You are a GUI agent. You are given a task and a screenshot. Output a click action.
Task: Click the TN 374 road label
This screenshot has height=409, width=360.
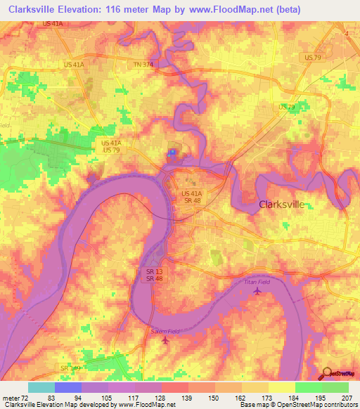click(x=143, y=65)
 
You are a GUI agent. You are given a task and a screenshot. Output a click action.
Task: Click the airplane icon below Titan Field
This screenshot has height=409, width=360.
click(x=257, y=290)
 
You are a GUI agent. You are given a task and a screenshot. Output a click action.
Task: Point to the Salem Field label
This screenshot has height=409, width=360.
click(x=165, y=331)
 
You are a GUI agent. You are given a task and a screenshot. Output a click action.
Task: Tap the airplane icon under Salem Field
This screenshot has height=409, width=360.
click(x=166, y=341)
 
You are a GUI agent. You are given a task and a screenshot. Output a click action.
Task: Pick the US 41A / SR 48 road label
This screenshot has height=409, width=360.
click(x=191, y=196)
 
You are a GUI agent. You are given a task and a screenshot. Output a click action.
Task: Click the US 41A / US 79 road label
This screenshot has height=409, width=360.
click(x=111, y=146)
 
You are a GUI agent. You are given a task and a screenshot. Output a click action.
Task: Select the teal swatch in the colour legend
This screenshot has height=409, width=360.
click(x=41, y=387)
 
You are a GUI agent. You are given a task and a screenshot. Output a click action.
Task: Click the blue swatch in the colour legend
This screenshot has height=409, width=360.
click(x=68, y=387)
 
